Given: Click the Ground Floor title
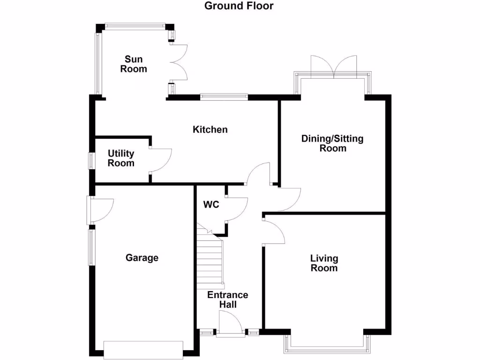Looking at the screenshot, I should point(239,6).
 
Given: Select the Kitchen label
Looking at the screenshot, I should point(210,129).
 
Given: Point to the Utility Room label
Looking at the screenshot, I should point(121,158).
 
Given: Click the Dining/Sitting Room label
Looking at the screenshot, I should point(332,143).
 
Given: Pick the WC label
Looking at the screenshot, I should point(211,205).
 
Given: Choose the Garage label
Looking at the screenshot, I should point(142,258).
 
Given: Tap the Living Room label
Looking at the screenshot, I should point(324,263).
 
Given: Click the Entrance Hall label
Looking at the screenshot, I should point(228,300).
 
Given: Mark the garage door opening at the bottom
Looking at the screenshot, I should point(143,350).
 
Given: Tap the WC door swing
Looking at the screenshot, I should point(237,209).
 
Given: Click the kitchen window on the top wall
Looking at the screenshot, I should point(224,97).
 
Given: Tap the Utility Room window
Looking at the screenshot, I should point(92,160).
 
